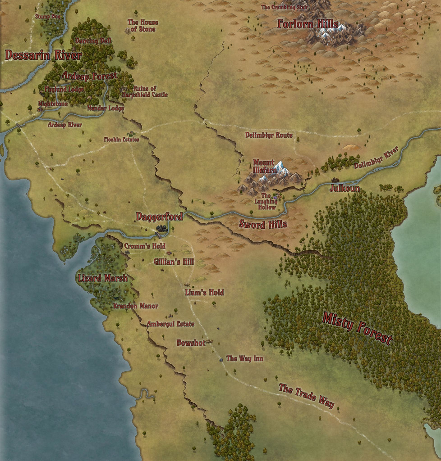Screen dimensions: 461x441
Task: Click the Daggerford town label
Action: click(x=159, y=217)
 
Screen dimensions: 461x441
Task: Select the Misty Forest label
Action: click(x=357, y=328)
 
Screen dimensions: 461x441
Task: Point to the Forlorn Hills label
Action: click(x=308, y=24)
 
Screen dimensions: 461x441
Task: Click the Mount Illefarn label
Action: click(x=264, y=166)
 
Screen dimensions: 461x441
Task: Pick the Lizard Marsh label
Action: click(x=103, y=278)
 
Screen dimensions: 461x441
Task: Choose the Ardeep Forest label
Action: click(x=89, y=76)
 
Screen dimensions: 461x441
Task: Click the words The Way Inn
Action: click(x=244, y=359)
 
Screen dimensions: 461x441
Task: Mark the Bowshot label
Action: click(x=191, y=343)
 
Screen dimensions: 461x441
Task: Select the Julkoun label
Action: click(x=345, y=188)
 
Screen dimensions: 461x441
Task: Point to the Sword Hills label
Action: click(x=263, y=224)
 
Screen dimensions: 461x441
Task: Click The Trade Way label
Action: click(x=307, y=396)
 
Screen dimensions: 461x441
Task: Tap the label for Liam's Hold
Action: click(x=204, y=293)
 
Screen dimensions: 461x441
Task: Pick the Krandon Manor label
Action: click(x=135, y=306)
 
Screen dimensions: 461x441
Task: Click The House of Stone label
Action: click(x=142, y=26)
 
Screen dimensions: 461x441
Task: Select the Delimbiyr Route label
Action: click(x=269, y=135)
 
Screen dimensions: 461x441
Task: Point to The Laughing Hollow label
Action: click(x=266, y=202)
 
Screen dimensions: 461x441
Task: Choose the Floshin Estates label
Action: click(x=121, y=140)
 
